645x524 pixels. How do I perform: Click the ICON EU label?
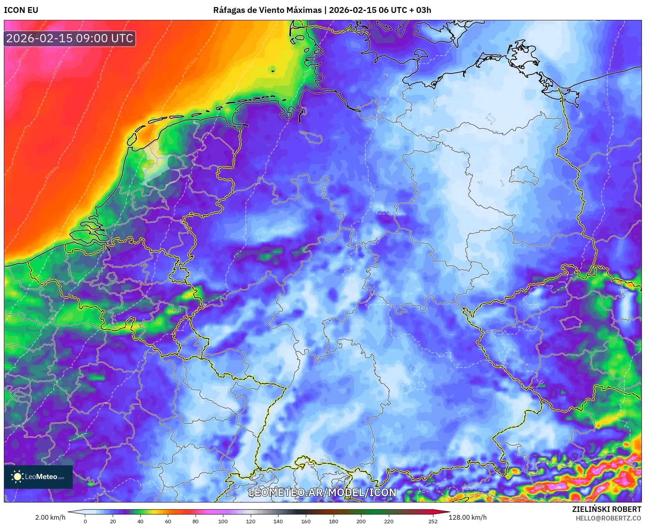[x=21, y=10]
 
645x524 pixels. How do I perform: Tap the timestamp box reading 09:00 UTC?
[x=70, y=38]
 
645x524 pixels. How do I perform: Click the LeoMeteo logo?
[x=38, y=477]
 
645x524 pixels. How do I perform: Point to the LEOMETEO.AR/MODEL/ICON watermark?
[x=322, y=492]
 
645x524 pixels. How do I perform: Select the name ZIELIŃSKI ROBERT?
[x=607, y=509]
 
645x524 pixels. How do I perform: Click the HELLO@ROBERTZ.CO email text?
[x=608, y=518]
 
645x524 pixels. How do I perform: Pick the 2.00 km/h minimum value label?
[x=50, y=517]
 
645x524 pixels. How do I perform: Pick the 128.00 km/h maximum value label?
[x=467, y=517]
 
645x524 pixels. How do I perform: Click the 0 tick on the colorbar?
[x=85, y=521]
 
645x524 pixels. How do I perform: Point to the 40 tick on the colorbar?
[x=140, y=521]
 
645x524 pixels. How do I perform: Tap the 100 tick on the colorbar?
[x=223, y=521]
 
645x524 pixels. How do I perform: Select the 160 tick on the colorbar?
[x=306, y=521]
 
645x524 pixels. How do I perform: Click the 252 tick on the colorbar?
[x=433, y=521]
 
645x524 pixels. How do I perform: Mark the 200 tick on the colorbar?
[x=361, y=521]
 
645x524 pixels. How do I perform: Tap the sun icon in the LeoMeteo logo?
[x=17, y=477]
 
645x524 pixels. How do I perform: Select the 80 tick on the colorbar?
[x=196, y=521]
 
